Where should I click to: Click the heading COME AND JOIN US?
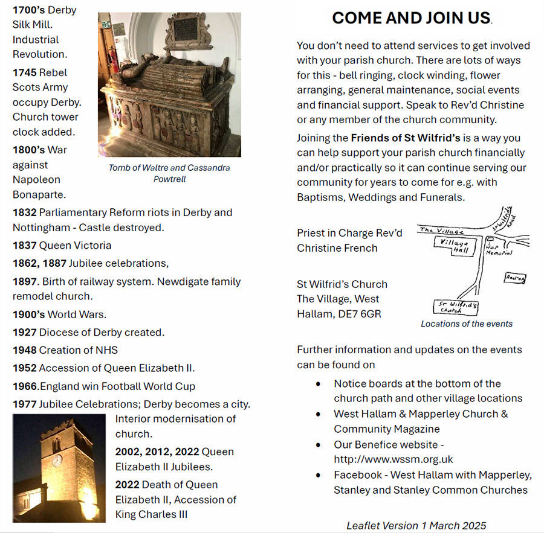(411, 18)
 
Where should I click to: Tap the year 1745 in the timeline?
(24, 72)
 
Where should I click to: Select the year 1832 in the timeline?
(24, 212)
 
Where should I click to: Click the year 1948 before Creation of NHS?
(24, 350)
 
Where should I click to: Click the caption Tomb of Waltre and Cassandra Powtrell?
(169, 173)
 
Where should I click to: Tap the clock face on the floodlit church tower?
(57, 460)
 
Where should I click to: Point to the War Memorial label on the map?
(499, 249)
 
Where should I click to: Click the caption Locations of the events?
(466, 324)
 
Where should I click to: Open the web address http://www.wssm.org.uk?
(393, 459)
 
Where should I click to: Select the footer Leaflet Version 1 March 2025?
(416, 525)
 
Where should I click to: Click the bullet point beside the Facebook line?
(318, 476)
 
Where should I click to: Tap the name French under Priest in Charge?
(362, 248)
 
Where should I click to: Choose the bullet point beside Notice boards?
(318, 384)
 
